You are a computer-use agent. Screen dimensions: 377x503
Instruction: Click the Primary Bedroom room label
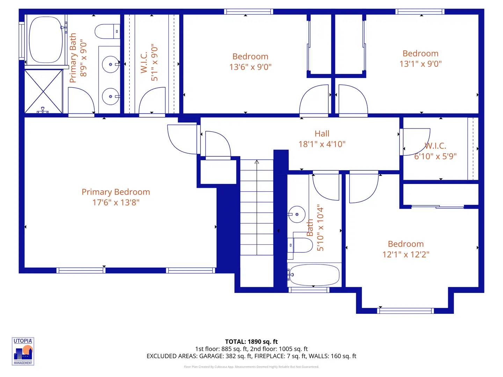click(x=116, y=192)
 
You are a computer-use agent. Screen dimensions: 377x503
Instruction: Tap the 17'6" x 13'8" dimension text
click(x=116, y=202)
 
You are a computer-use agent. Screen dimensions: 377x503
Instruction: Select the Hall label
click(x=322, y=134)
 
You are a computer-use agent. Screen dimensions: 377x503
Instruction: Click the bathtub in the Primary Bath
click(x=46, y=39)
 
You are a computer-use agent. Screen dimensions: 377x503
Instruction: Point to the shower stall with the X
click(x=43, y=91)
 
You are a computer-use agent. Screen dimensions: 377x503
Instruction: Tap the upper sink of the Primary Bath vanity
click(x=110, y=65)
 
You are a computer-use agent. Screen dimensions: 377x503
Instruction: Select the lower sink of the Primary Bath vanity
click(x=110, y=96)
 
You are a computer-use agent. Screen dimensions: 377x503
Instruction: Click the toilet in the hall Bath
click(x=300, y=245)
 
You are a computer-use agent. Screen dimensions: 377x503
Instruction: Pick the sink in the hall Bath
click(x=296, y=214)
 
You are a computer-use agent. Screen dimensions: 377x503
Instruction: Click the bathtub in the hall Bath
click(x=314, y=275)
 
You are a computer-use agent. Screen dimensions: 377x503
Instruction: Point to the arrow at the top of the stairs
click(x=257, y=162)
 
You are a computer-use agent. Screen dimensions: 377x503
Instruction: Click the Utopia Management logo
click(x=23, y=352)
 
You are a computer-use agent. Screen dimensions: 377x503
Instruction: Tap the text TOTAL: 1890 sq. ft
click(x=251, y=342)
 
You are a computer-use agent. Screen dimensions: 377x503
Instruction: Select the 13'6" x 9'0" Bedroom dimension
click(x=250, y=67)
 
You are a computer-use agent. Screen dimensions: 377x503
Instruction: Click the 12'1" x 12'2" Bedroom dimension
click(x=406, y=254)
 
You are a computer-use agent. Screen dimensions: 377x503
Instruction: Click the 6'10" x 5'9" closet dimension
click(x=435, y=156)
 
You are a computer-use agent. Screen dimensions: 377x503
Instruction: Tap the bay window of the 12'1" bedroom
click(x=406, y=310)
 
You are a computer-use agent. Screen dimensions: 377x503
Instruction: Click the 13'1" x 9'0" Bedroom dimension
click(x=420, y=64)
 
